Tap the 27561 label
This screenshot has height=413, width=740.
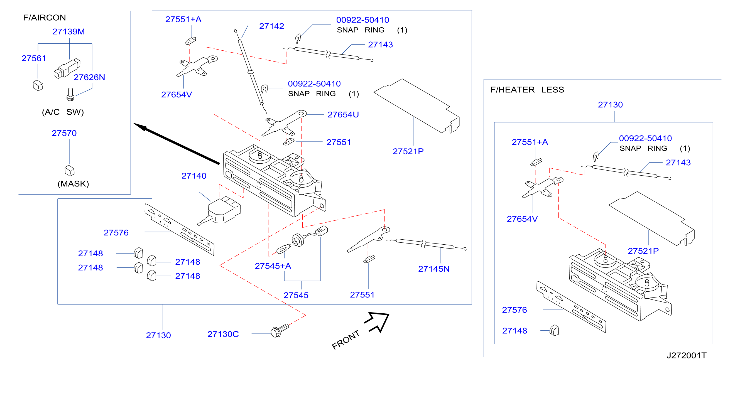point(34,58)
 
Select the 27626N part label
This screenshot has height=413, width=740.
point(89,77)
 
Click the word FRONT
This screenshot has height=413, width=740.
point(346,340)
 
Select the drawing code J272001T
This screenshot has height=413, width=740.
point(686,356)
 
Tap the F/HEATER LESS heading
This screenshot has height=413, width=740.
point(527,90)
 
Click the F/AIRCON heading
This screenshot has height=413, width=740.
point(45,18)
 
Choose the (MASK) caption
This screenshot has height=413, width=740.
point(73,184)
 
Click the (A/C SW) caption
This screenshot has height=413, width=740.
point(63,112)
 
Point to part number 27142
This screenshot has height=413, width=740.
point(271,26)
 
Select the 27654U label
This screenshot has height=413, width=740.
point(343,115)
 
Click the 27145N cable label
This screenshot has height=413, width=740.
point(434,269)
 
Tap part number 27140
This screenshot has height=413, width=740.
point(194,176)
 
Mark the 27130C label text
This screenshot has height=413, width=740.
point(223,334)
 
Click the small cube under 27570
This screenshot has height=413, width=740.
point(70,171)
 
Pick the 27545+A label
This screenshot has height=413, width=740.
point(273,266)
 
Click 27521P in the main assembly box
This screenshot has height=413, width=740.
point(408,151)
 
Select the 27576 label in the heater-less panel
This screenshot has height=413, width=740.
point(514,310)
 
